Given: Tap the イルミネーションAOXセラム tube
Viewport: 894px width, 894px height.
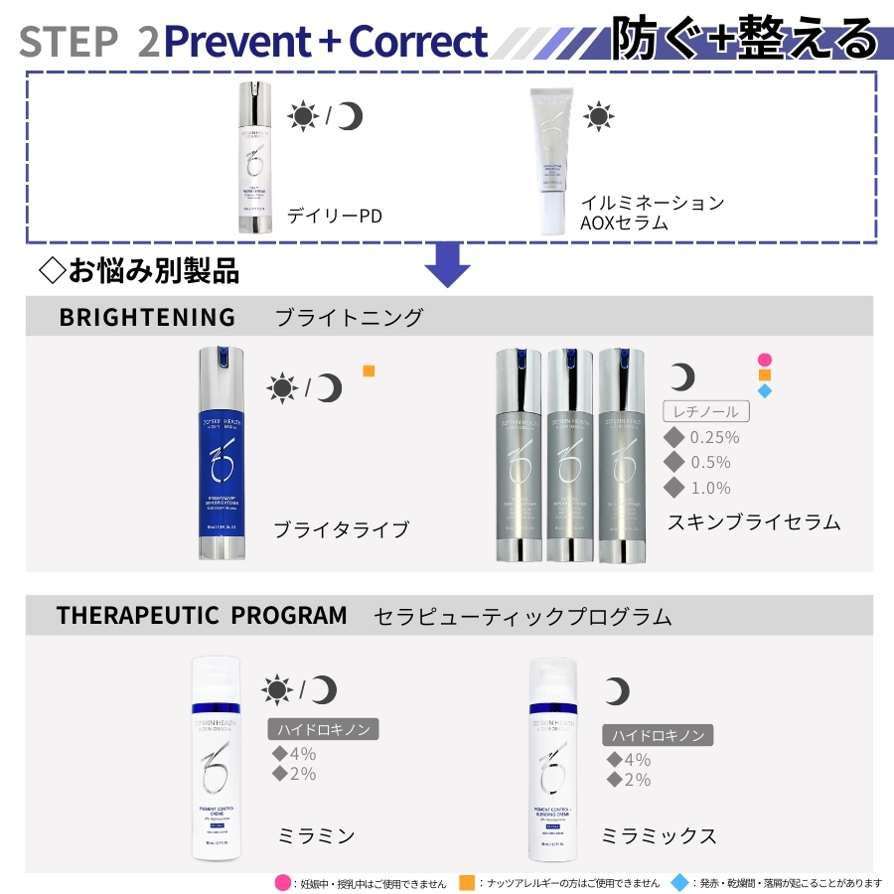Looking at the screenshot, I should pos(551,162).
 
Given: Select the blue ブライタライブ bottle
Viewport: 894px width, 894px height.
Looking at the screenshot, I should pos(219,453).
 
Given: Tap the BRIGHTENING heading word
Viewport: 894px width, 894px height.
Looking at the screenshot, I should pos(147,317).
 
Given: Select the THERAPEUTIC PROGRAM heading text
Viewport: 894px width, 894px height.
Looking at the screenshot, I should pos(202,616).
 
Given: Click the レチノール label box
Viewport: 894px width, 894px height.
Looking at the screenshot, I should pos(705,411).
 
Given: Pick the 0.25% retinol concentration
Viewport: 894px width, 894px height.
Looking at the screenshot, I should pos(714,437).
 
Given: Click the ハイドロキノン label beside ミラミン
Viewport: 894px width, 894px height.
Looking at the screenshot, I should pos(324,729).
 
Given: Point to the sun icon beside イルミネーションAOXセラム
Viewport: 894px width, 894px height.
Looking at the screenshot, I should pos(598,116).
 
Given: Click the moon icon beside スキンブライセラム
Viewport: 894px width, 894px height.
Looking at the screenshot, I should pos(681,376).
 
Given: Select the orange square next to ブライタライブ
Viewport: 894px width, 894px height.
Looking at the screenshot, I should pos(369,372).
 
